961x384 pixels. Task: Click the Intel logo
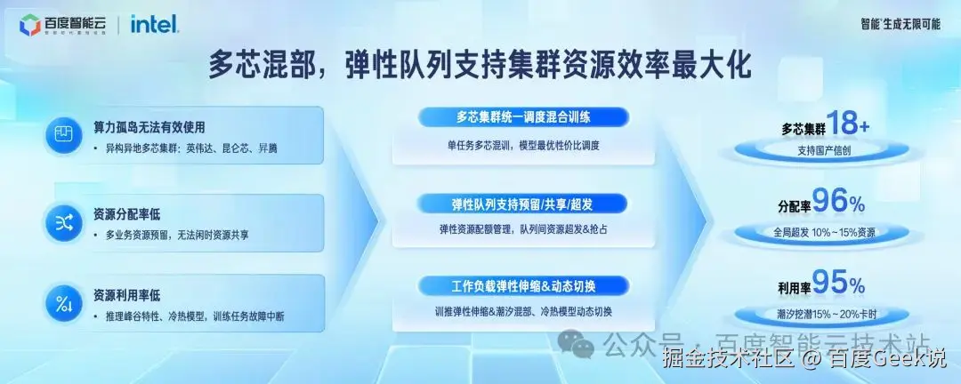point(155,24)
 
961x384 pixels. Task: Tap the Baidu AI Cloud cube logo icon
point(29,25)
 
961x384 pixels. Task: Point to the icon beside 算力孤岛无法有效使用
point(64,135)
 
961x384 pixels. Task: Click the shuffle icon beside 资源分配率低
point(64,223)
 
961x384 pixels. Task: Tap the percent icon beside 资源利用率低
point(64,305)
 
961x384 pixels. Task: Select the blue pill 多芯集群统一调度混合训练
point(523,116)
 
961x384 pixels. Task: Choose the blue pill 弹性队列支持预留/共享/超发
point(523,204)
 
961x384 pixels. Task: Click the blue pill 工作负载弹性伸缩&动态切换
point(523,286)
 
